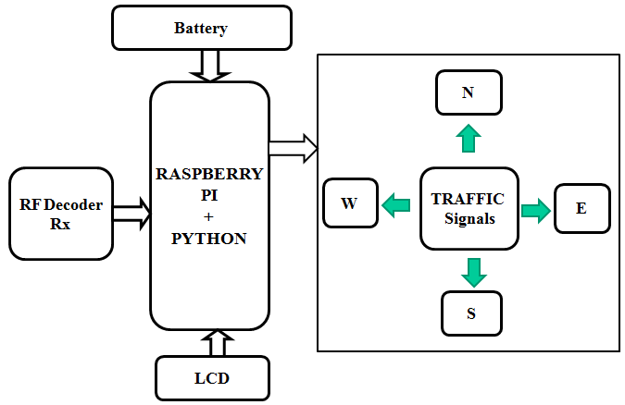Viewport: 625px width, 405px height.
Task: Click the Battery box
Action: tap(201, 28)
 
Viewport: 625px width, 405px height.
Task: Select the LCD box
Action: tap(212, 378)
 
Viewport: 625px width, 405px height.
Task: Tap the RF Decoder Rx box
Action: tap(61, 214)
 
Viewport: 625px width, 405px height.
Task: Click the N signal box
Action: tap(469, 92)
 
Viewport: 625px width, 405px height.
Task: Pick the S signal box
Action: tap(470, 313)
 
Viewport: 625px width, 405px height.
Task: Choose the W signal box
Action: tap(350, 203)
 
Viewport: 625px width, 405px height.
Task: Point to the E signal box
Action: tap(581, 208)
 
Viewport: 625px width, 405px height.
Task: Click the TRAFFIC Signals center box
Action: tap(468, 208)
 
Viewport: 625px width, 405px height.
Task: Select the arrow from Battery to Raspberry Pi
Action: tap(209, 65)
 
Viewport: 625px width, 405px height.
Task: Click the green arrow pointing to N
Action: tap(469, 138)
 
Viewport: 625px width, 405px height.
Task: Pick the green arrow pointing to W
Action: tap(396, 204)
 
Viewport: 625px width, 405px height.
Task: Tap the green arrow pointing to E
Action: tap(535, 210)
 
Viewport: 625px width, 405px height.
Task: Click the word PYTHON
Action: tap(209, 238)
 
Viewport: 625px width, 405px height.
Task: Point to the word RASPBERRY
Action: tap(209, 173)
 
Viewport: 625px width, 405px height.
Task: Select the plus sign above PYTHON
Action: tap(208, 216)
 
